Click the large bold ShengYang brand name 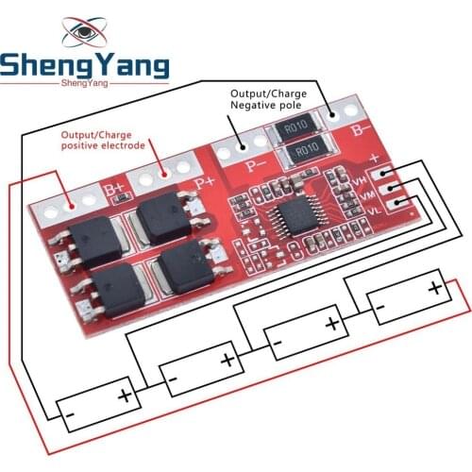click(85, 66)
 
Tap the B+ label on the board click(115, 190)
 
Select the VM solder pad click(388, 188)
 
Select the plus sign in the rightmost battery click(434, 286)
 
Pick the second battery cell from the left click(197, 366)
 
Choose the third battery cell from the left click(304, 329)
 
